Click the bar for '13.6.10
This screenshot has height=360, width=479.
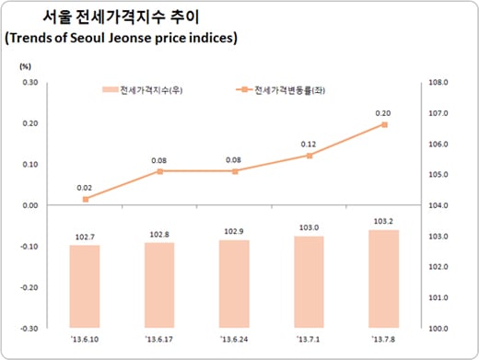(85, 285)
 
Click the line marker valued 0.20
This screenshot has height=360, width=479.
(383, 124)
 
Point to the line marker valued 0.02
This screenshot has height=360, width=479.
(86, 199)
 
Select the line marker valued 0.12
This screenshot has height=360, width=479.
(309, 156)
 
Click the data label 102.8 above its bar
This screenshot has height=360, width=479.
(160, 235)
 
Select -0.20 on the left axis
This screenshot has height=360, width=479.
(28, 286)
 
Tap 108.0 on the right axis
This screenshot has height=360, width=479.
(438, 83)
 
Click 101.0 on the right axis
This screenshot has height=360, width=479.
(438, 297)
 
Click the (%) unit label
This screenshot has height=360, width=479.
(26, 66)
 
